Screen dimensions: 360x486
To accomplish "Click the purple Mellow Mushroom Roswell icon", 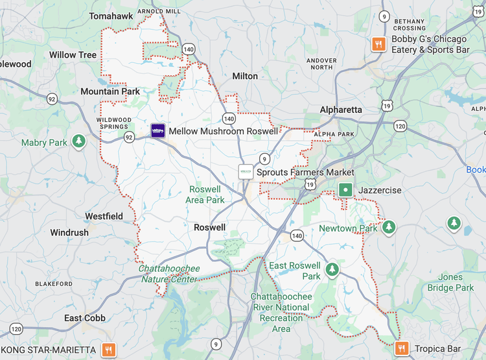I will pyautogui.click(x=157, y=131).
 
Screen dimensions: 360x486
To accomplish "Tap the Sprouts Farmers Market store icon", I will pyautogui.click(x=246, y=173).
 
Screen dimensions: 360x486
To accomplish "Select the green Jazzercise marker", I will pyautogui.click(x=346, y=190).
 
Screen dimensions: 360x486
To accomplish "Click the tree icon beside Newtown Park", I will pyautogui.click(x=389, y=227).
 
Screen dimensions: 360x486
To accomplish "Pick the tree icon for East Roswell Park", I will pyautogui.click(x=332, y=269).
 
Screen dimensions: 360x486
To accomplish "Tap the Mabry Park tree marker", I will pyautogui.click(x=79, y=141).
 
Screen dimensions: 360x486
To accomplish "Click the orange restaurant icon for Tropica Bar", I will pyautogui.click(x=402, y=349).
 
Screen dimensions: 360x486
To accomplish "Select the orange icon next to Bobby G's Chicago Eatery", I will pyautogui.click(x=378, y=44).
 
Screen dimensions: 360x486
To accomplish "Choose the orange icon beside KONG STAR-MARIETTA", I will pyautogui.click(x=109, y=350).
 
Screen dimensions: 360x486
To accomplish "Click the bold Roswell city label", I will pyautogui.click(x=210, y=228).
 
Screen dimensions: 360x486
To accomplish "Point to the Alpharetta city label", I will pyautogui.click(x=341, y=110).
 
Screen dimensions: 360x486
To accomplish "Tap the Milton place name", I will pyautogui.click(x=245, y=76).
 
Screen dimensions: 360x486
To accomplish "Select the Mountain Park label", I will pyautogui.click(x=110, y=91).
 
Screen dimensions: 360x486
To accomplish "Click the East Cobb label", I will pyautogui.click(x=85, y=318).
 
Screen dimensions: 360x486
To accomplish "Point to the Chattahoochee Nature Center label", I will pyautogui.click(x=169, y=274).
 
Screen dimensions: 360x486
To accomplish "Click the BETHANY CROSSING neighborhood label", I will pyautogui.click(x=410, y=25).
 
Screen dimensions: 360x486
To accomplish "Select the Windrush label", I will pyautogui.click(x=69, y=232).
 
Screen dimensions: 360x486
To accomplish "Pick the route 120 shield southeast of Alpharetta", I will pyautogui.click(x=400, y=126).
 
